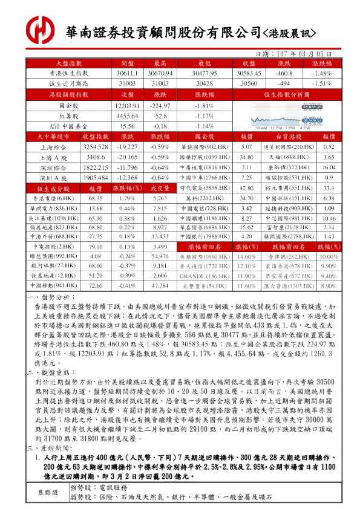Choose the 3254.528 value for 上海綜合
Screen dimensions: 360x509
tap(96, 147)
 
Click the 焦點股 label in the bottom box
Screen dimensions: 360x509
tap(48, 493)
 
